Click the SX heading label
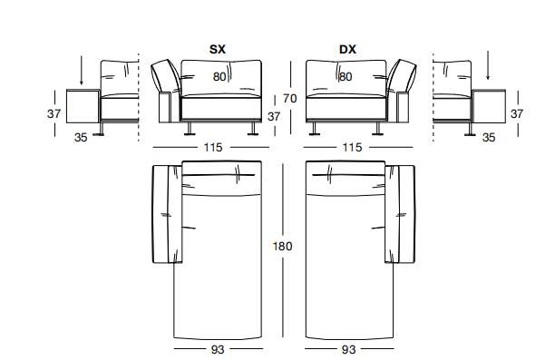(218, 49)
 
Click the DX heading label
(347, 49)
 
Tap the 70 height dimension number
(289, 99)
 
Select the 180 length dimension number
(282, 246)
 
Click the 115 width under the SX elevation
(213, 147)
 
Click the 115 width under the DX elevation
(352, 147)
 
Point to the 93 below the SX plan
(218, 349)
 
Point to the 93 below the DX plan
(348, 349)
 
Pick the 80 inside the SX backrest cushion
(219, 77)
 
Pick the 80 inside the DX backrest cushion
(346, 77)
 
